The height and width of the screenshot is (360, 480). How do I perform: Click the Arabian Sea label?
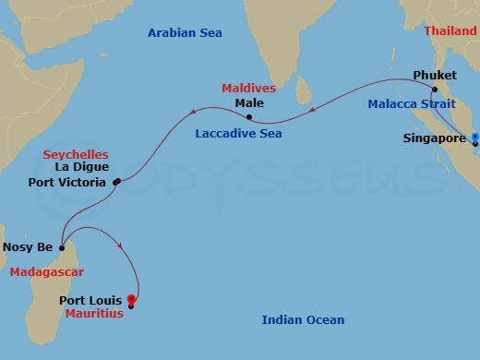point(185,33)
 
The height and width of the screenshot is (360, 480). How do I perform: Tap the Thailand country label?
point(450,30)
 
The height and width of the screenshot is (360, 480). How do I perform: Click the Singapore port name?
point(433,139)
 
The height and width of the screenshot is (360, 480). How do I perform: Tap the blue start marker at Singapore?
point(475,138)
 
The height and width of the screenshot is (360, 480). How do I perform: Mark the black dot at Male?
point(249,116)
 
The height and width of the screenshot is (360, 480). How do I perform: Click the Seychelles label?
point(76,154)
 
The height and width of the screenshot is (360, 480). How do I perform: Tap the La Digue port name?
point(81,168)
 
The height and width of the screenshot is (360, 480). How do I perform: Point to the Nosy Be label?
point(28,247)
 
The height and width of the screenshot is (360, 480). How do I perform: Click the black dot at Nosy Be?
point(61,247)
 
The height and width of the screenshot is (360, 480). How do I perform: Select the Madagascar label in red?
point(47,272)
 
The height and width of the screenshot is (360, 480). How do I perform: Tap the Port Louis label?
point(92,300)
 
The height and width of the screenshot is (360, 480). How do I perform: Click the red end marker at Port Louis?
point(131,299)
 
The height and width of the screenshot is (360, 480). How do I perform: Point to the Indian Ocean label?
point(303,320)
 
